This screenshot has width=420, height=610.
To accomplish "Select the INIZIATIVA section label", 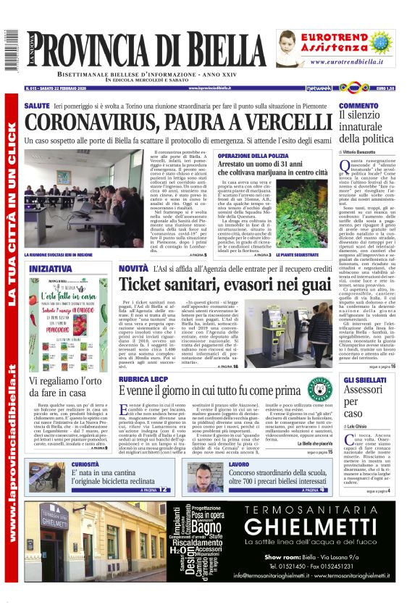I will click(50, 268).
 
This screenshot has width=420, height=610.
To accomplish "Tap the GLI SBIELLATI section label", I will click(364, 379).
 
